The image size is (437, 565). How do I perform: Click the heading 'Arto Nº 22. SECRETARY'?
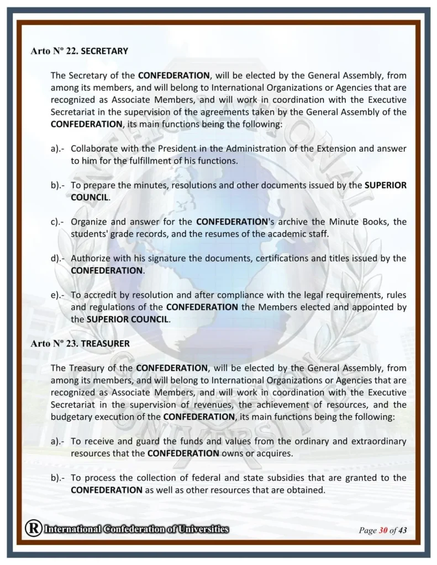point(79,51)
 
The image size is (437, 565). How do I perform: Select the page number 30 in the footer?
point(383,531)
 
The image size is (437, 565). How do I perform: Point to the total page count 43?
point(402,531)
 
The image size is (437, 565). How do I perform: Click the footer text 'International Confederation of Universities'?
point(136,529)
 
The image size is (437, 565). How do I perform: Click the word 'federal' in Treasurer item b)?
point(197,477)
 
